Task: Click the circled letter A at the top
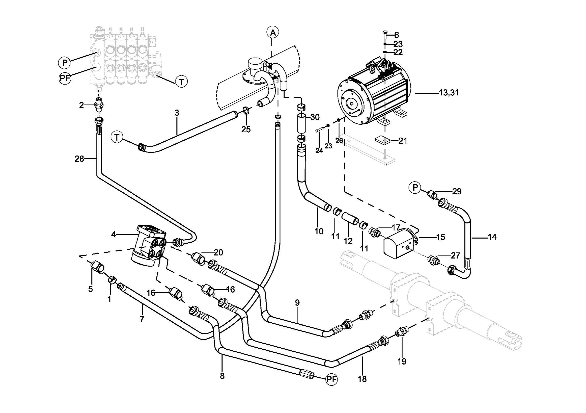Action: (x=273, y=32)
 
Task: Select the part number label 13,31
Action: (x=449, y=93)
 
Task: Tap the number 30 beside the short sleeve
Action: (x=315, y=117)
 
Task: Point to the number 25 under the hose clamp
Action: (x=246, y=130)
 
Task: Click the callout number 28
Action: (x=79, y=159)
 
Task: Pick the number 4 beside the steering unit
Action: (x=114, y=234)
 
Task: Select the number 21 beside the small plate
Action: (x=403, y=140)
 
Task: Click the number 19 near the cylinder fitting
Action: (x=402, y=361)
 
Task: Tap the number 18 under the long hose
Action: (x=362, y=379)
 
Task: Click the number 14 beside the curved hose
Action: (x=492, y=237)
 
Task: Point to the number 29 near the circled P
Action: (x=457, y=192)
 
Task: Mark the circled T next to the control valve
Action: (x=181, y=82)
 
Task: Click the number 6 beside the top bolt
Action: (x=396, y=35)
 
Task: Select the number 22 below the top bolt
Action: (x=398, y=52)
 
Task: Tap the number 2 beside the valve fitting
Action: (x=81, y=105)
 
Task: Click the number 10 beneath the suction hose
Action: (x=319, y=231)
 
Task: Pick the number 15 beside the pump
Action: (x=441, y=237)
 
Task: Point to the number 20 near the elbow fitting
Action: (x=218, y=253)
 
